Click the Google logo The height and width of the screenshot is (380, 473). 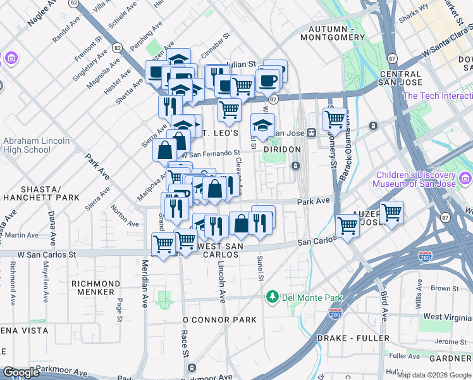point(21,372)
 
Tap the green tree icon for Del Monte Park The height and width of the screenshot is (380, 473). point(273,296)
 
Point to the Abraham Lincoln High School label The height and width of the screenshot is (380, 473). point(27,146)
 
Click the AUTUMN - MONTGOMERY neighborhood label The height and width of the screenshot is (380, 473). point(336,34)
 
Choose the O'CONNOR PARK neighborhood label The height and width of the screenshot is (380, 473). point(219,320)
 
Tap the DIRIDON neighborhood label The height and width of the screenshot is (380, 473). point(282,149)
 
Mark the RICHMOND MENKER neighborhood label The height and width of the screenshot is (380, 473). point(95,288)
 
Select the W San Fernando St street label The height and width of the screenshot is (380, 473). point(211,153)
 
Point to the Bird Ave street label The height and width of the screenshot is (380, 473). point(383,306)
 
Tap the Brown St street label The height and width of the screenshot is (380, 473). point(445,289)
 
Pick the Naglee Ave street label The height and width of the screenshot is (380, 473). point(41,14)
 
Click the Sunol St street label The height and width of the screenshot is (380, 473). point(260,267)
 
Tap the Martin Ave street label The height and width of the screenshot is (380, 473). point(23,236)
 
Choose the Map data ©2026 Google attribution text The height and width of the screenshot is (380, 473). point(434,375)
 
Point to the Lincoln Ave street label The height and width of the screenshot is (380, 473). point(222,282)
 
